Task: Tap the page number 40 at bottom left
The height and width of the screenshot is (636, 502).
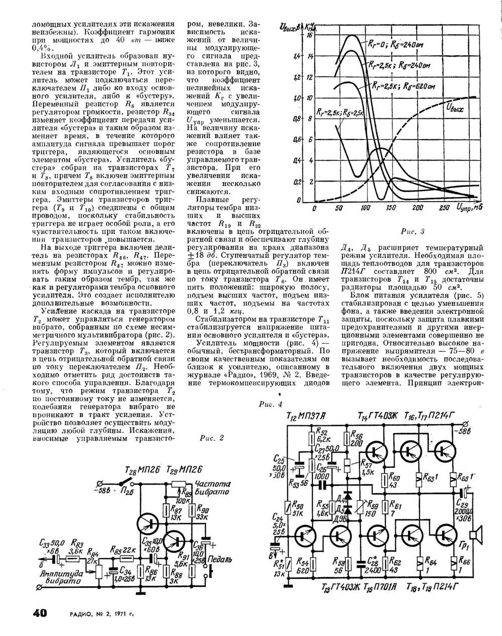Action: [40, 613]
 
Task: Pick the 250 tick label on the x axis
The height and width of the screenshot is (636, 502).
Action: [444, 208]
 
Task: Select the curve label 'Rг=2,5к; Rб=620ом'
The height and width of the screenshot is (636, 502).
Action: [410, 86]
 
